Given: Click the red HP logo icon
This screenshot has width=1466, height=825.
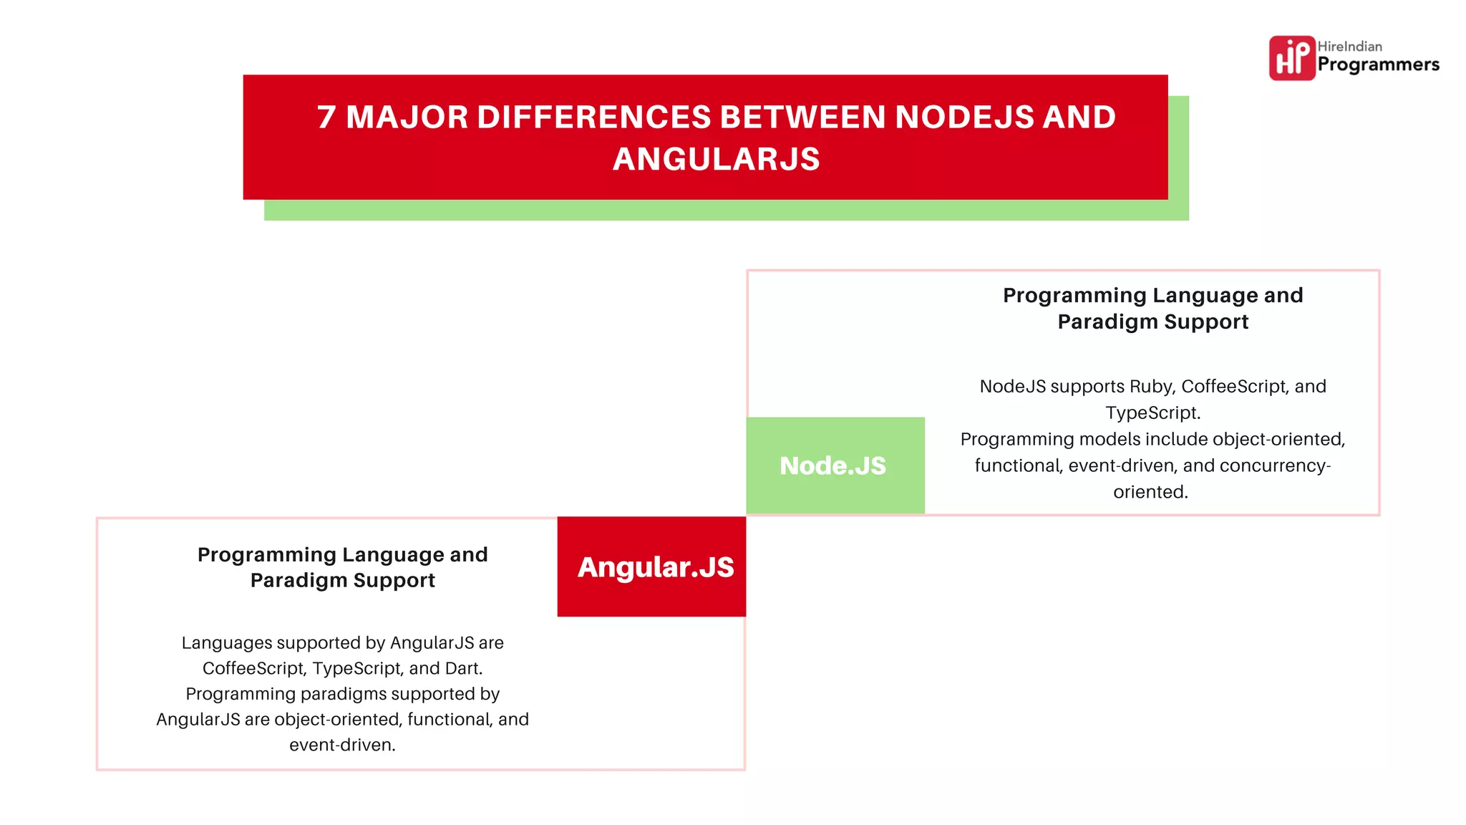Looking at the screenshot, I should (x=1291, y=58).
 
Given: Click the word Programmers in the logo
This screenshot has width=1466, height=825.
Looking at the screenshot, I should (x=1378, y=65).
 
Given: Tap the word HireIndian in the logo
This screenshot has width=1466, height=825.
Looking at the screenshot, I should (x=1349, y=47).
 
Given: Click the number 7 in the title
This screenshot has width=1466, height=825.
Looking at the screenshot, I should (x=326, y=117).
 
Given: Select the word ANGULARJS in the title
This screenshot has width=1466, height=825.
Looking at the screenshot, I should (x=716, y=159).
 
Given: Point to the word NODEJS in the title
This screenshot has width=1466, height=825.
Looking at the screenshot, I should (x=964, y=117).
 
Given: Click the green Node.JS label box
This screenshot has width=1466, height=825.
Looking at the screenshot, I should (x=835, y=465).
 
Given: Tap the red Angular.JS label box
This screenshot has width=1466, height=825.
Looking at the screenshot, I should (x=651, y=566).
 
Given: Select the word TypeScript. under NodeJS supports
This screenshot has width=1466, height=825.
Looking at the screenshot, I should (x=1152, y=413).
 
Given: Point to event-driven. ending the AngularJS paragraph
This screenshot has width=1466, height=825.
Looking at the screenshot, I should (x=342, y=745).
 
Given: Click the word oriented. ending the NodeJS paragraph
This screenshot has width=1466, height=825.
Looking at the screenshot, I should (x=1150, y=492).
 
